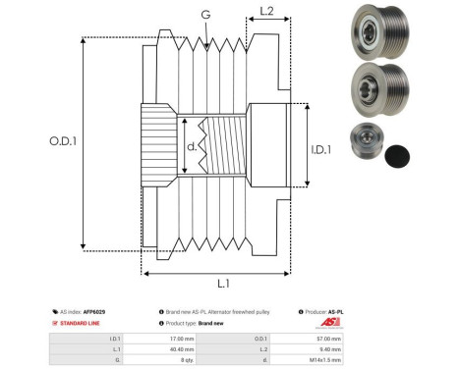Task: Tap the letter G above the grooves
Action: tap(204, 14)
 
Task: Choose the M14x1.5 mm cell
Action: tap(329, 359)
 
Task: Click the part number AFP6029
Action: tap(95, 311)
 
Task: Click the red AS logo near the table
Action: tap(328, 322)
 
